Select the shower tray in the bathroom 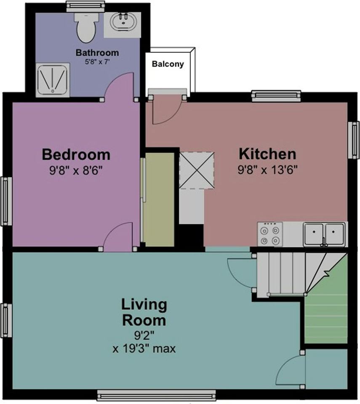coord(52,80)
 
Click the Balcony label coord(168,64)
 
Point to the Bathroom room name coord(97,53)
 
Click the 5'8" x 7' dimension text coord(97,61)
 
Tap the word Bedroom coord(76,154)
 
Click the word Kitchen coord(267,154)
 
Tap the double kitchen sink coord(324,234)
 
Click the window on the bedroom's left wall coord(6,201)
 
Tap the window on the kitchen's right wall coord(355,140)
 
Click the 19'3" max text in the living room coord(144,349)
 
